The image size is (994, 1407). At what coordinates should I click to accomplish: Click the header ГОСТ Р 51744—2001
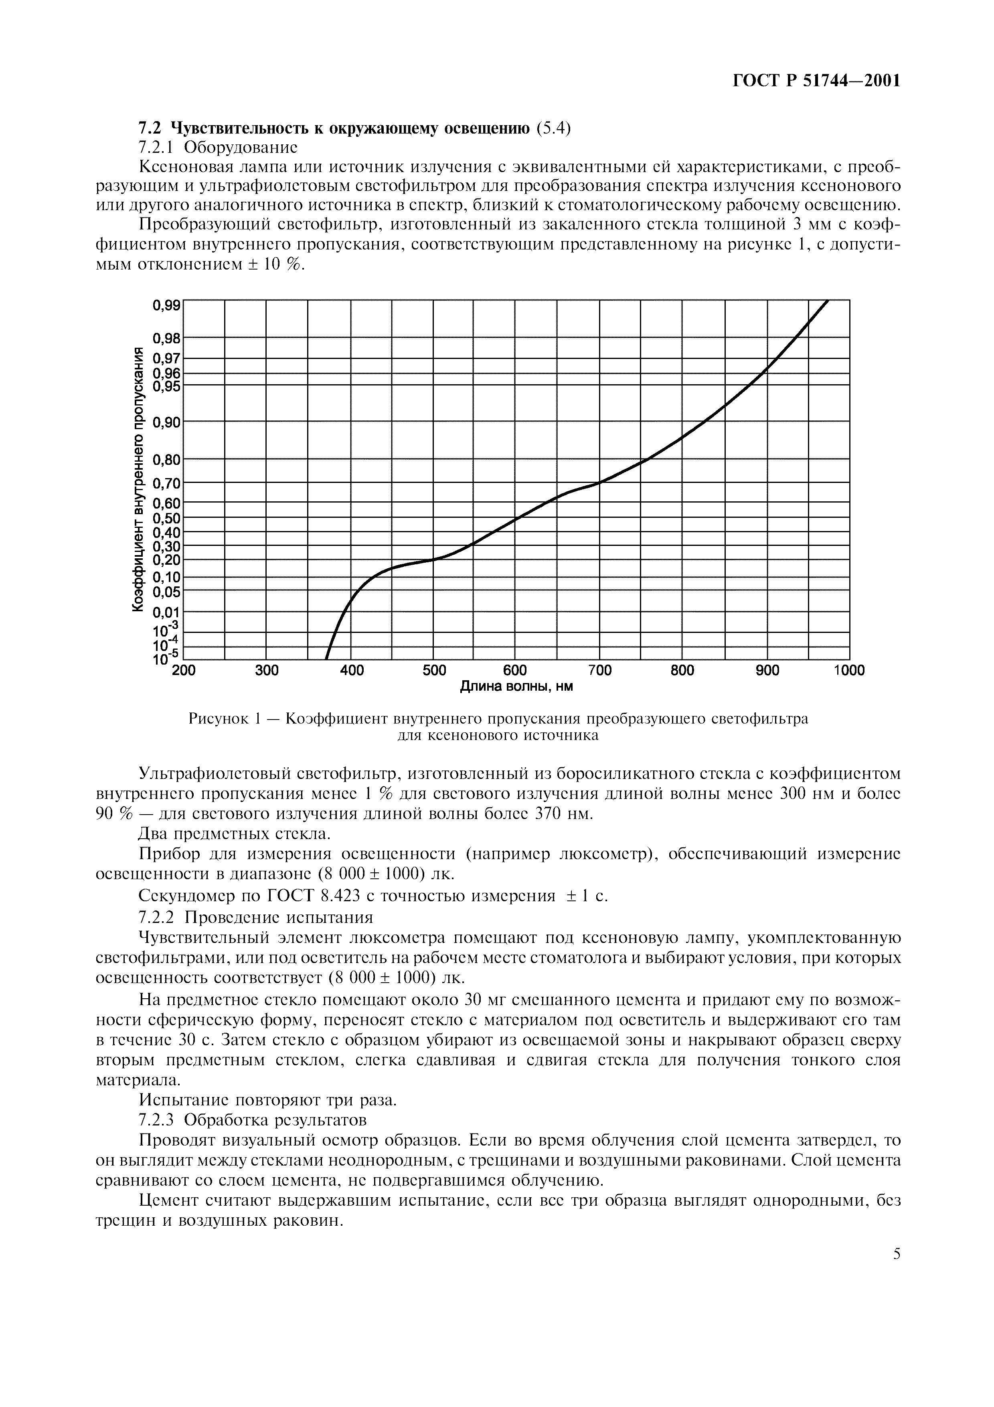[x=816, y=81]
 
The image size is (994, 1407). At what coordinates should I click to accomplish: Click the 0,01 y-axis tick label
[x=166, y=612]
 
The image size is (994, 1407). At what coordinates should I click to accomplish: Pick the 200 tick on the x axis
[x=183, y=670]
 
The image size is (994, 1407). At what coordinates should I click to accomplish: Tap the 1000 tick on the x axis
[x=849, y=670]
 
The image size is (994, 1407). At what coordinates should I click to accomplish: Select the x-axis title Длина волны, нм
[x=516, y=687]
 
